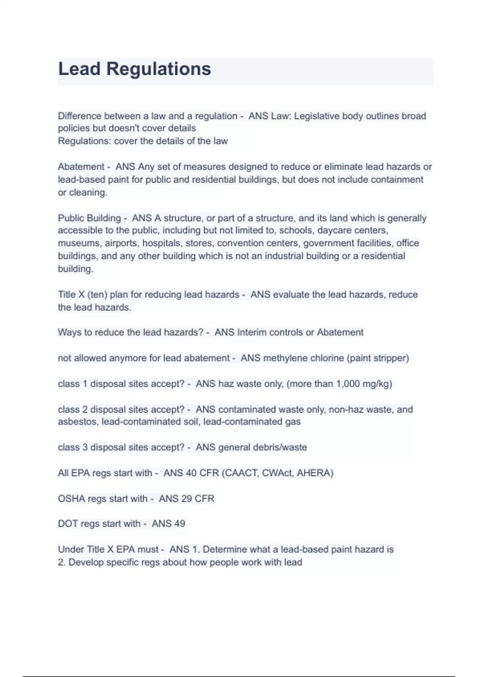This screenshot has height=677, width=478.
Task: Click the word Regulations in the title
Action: tap(158, 69)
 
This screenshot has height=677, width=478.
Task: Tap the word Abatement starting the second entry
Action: tap(81, 166)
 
